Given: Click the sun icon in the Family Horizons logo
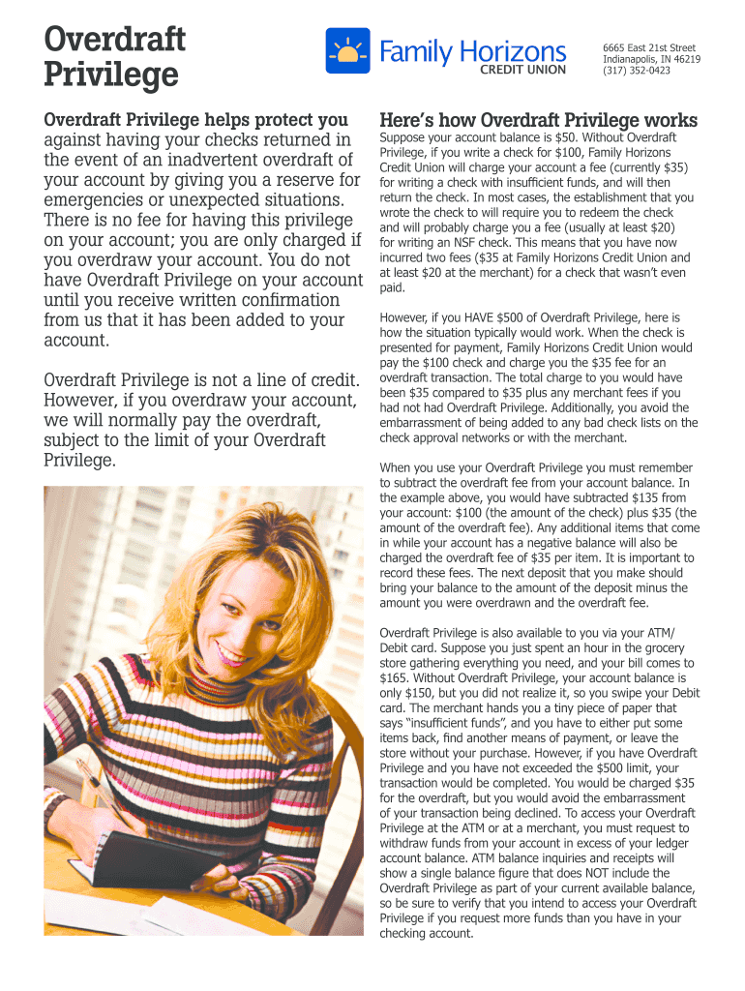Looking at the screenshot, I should [347, 51].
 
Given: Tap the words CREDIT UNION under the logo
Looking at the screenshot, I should [523, 70].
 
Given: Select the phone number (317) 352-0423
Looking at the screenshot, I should [636, 71].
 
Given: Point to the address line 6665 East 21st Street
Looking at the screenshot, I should [649, 47].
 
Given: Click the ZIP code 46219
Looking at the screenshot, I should [684, 59].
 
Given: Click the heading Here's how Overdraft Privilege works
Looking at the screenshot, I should [538, 121].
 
